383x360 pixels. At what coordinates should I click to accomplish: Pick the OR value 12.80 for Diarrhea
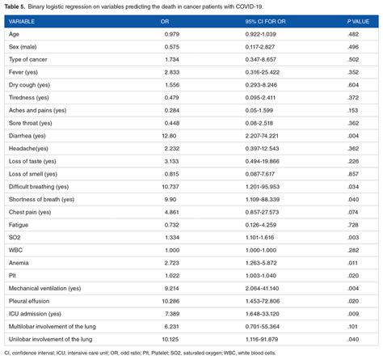coord(170,137)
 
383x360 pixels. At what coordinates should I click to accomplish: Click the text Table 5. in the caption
coord(16,6)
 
